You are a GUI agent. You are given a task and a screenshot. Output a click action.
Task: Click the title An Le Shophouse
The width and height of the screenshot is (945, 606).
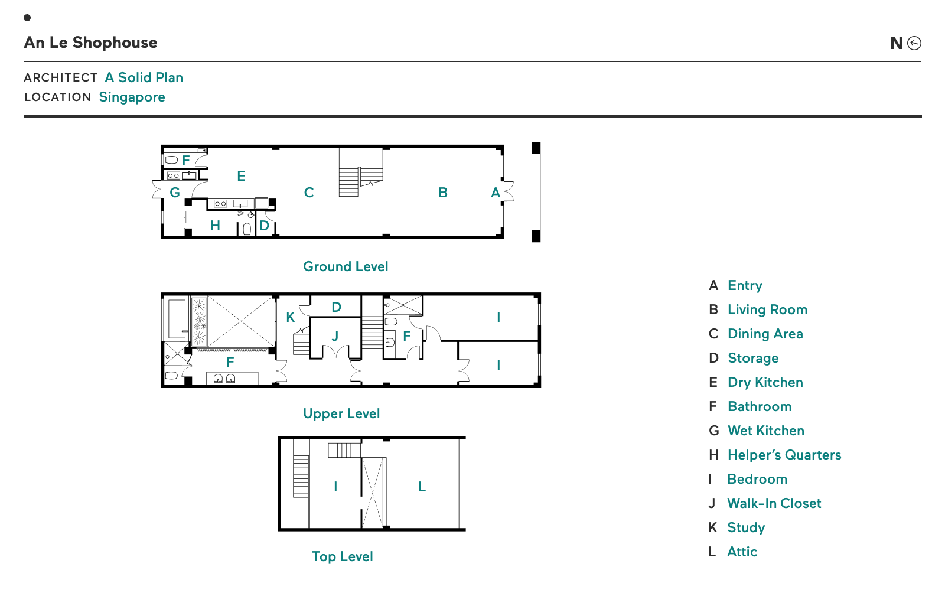(x=90, y=43)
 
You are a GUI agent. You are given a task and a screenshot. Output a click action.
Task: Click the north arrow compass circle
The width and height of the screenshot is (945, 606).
(x=914, y=43)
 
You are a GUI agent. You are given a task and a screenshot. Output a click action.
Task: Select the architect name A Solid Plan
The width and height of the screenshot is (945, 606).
(x=144, y=77)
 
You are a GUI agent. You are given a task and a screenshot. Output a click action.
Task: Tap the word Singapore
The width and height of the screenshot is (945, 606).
(x=132, y=97)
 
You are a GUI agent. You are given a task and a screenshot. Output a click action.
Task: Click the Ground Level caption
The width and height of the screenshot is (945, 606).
(x=346, y=266)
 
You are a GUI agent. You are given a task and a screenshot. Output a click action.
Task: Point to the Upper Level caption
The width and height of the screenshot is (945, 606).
(x=341, y=413)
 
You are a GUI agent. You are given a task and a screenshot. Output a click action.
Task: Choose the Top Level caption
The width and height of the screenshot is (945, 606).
(x=342, y=556)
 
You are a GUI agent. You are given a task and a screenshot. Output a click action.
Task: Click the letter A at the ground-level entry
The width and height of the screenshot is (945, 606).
(x=496, y=193)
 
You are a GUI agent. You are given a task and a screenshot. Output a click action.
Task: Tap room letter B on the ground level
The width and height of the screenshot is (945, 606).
(x=443, y=193)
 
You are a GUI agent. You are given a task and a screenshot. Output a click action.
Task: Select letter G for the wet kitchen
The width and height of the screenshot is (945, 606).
(x=175, y=193)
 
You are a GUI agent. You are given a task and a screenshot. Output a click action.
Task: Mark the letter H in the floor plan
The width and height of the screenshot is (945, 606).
(x=215, y=226)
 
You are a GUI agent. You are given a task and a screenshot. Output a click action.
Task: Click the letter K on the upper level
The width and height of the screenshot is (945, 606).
(x=290, y=317)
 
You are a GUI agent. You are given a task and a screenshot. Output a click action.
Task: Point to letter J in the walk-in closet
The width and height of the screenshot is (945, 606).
(x=335, y=336)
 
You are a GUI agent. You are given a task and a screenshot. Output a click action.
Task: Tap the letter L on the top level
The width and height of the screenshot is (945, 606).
(x=422, y=487)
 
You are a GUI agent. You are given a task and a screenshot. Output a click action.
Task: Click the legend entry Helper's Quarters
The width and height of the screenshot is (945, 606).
(x=784, y=455)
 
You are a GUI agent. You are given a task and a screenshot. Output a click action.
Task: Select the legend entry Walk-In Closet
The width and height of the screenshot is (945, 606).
(x=774, y=503)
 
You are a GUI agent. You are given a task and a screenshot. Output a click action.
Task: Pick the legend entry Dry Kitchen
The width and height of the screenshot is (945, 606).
(x=765, y=382)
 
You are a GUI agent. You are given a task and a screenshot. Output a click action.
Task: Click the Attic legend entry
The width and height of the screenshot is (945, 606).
(x=742, y=552)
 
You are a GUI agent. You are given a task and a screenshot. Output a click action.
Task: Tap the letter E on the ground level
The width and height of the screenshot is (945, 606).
(x=242, y=176)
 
